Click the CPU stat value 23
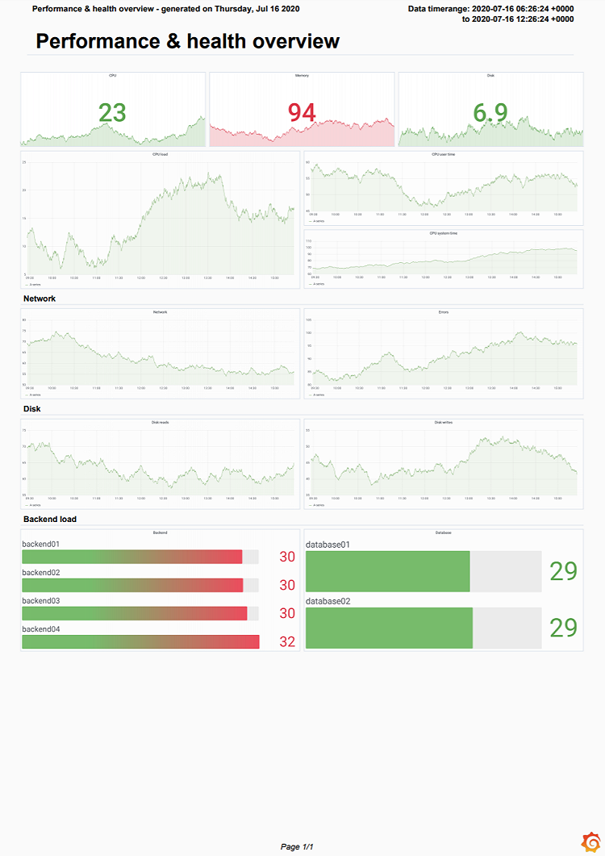[112, 112]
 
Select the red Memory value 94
[302, 113]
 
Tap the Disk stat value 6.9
[490, 113]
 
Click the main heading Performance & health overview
[187, 41]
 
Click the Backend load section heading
[50, 519]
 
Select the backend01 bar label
[41, 545]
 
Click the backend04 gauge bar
[140, 641]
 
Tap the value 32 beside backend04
[287, 642]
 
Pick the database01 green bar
[388, 571]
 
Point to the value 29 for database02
[563, 628]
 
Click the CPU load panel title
[160, 153]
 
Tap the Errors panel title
[443, 311]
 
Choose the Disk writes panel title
[443, 422]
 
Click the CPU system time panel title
[443, 233]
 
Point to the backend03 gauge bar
[134, 613]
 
